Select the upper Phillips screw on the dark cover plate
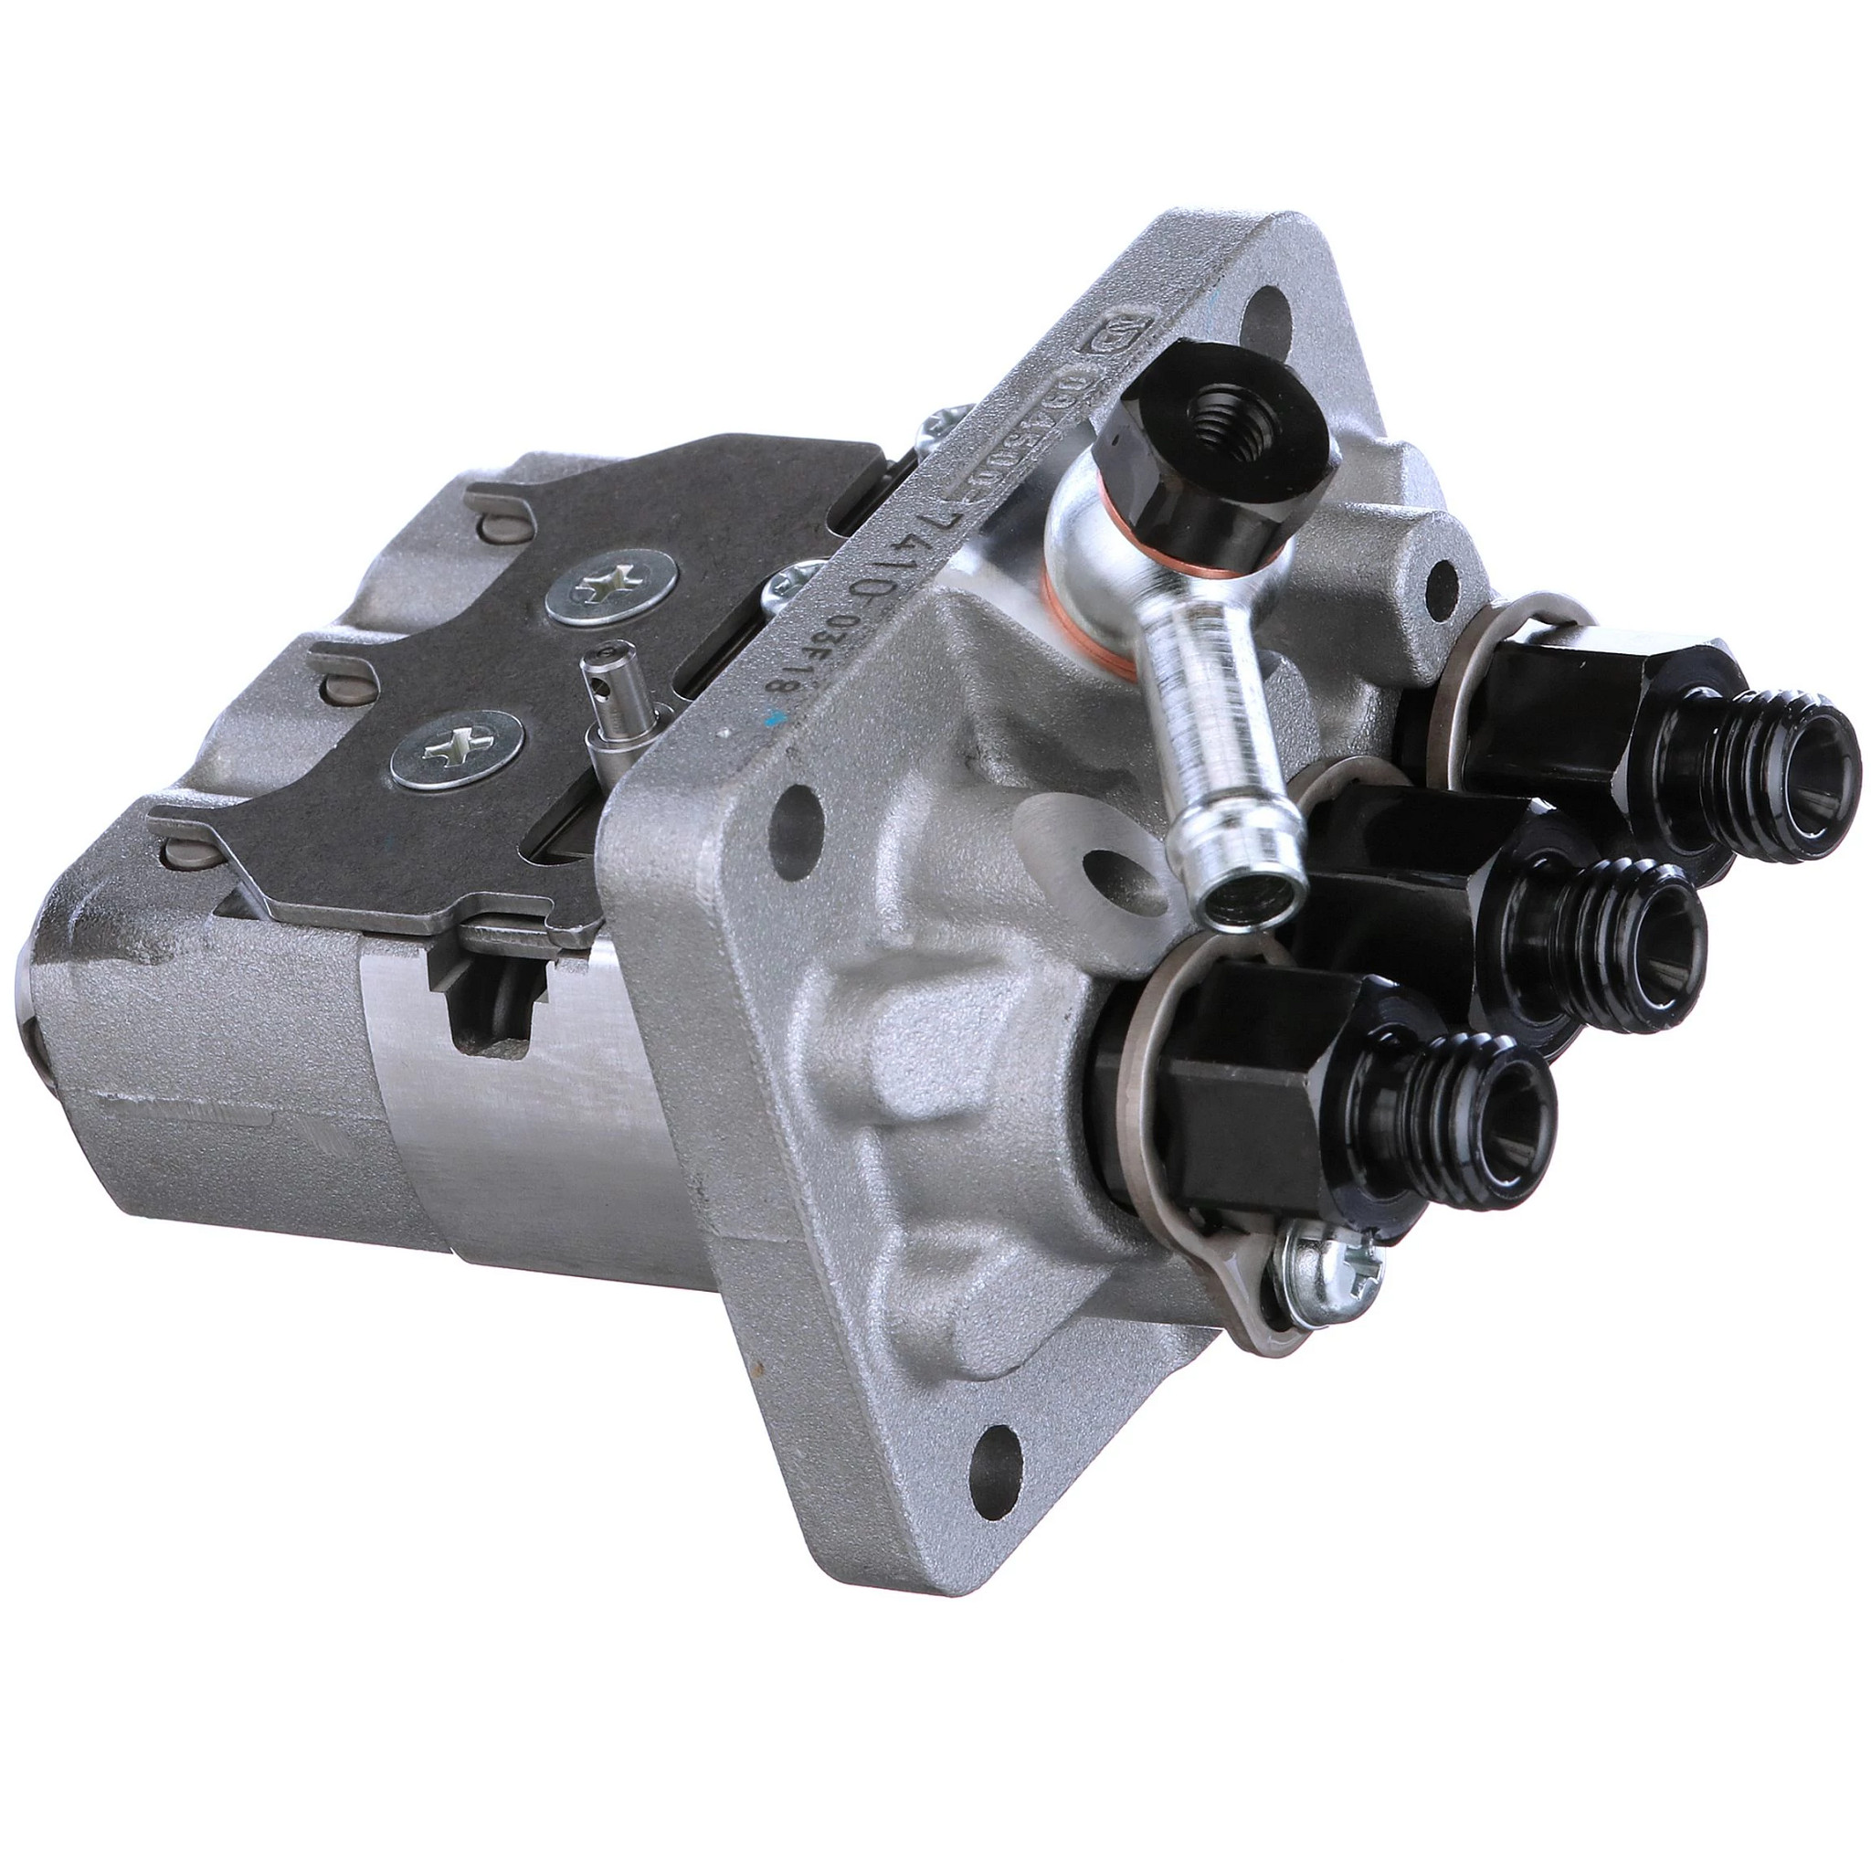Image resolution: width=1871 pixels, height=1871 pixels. tap(610, 587)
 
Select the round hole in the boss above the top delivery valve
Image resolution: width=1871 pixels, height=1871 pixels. tap(1442, 587)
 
